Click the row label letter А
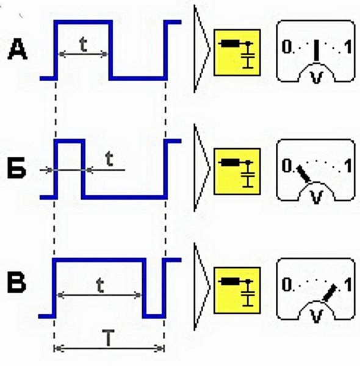[18, 49]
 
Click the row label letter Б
[16, 168]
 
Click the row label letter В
[16, 282]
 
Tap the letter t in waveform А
[84, 45]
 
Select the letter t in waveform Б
[109, 159]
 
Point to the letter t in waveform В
[100, 285]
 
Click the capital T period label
[109, 337]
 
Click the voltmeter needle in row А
[316, 51]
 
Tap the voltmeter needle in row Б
[303, 174]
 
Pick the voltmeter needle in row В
[329, 293]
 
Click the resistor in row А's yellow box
[230, 43]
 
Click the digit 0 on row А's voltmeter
[286, 47]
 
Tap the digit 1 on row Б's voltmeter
[348, 166]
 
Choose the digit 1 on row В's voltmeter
[348, 284]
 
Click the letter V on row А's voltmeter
[317, 77]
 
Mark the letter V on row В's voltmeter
[317, 316]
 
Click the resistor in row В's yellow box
[230, 281]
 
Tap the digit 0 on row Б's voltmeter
[286, 165]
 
